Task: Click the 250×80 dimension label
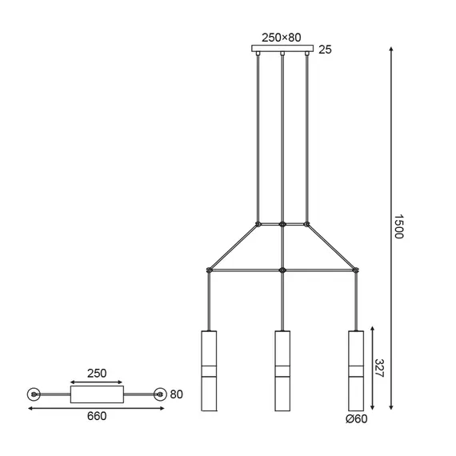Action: tap(282, 36)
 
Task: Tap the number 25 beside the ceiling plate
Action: tap(326, 50)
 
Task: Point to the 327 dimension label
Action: tap(379, 369)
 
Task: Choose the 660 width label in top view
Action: tap(96, 416)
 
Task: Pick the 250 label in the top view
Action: tap(96, 374)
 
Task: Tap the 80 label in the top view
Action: tap(178, 394)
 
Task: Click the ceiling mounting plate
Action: tap(282, 50)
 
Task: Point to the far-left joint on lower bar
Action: tap(209, 270)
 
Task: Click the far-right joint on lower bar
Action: tap(356, 270)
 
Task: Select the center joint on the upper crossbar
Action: tap(282, 223)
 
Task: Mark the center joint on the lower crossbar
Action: tap(282, 270)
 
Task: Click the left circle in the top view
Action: tap(34, 394)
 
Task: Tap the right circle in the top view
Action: tap(160, 394)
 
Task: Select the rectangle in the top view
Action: tap(97, 394)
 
